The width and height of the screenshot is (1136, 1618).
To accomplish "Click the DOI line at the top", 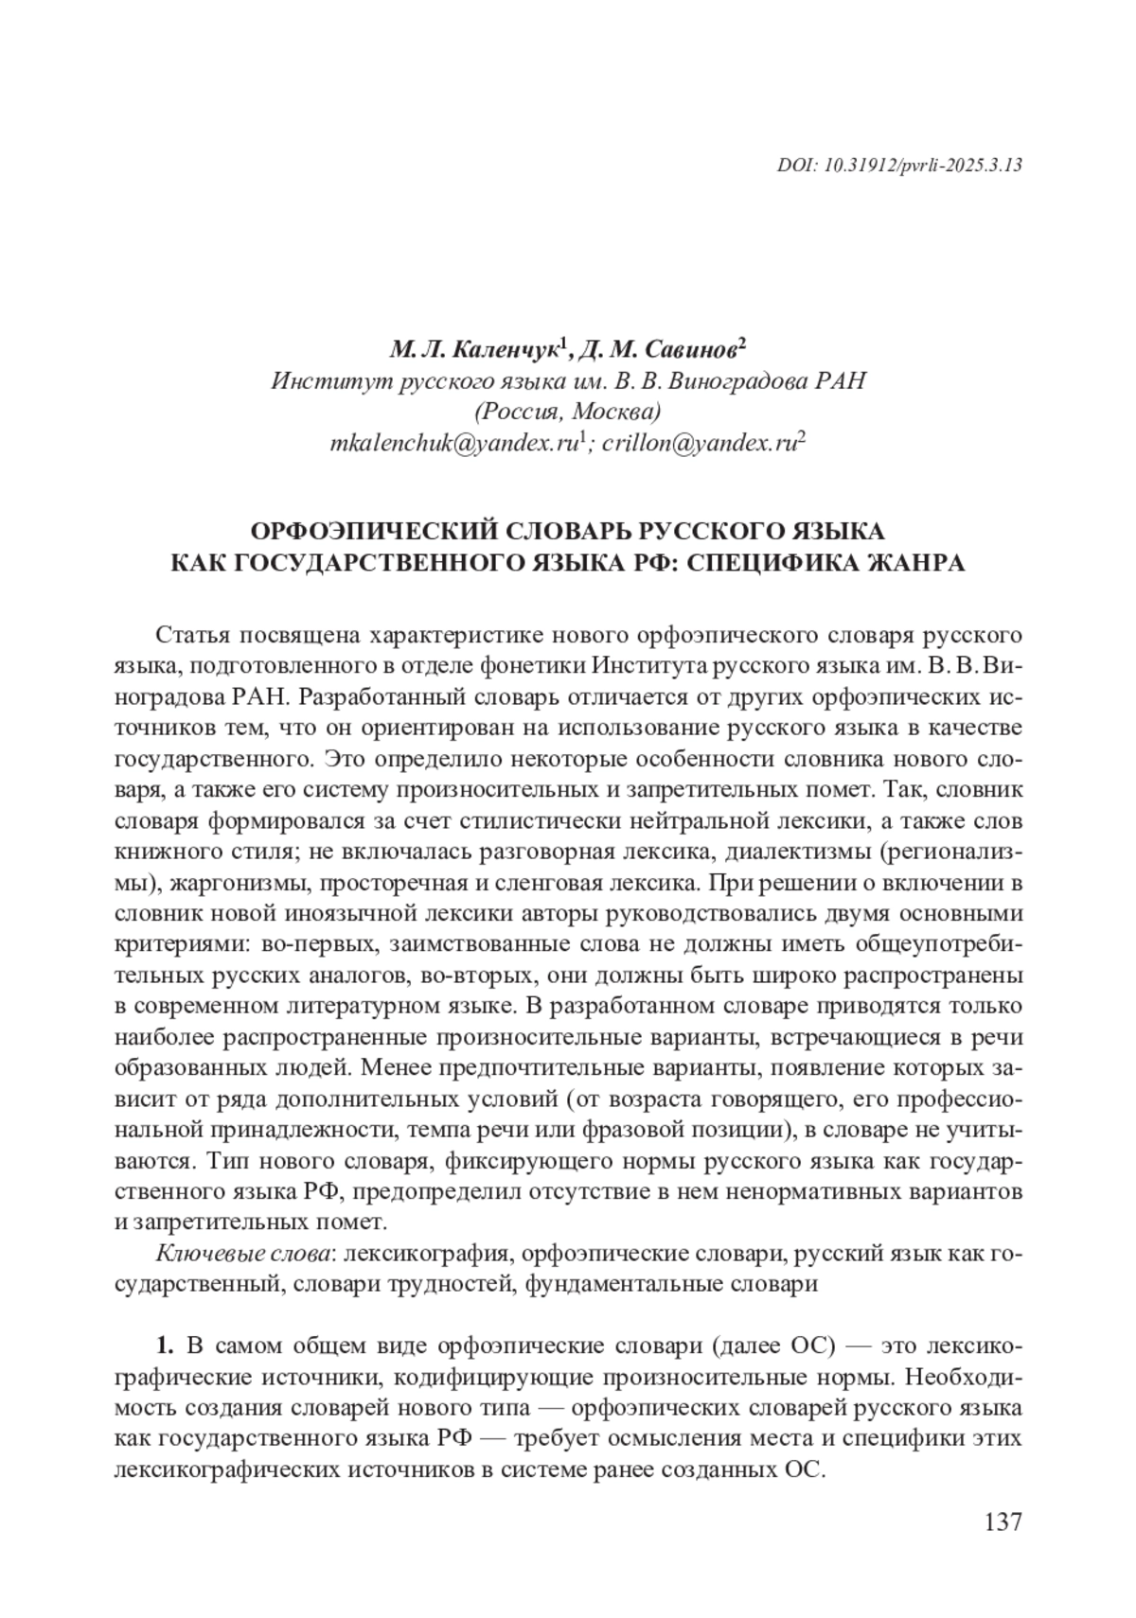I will pos(899,165).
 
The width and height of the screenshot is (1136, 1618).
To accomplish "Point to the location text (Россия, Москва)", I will pos(567,412).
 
